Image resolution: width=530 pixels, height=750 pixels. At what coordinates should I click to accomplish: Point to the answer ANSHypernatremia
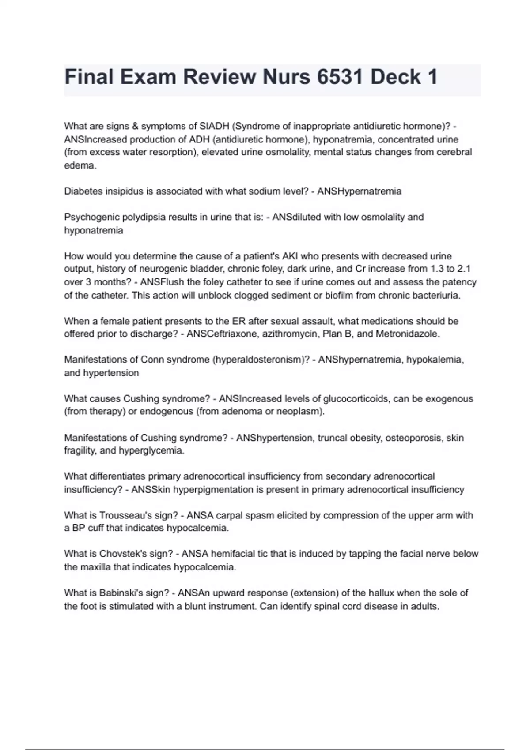(359, 191)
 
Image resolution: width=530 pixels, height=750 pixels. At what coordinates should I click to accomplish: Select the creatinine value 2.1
(469, 269)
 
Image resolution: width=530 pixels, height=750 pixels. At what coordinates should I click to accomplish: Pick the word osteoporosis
(414, 438)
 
